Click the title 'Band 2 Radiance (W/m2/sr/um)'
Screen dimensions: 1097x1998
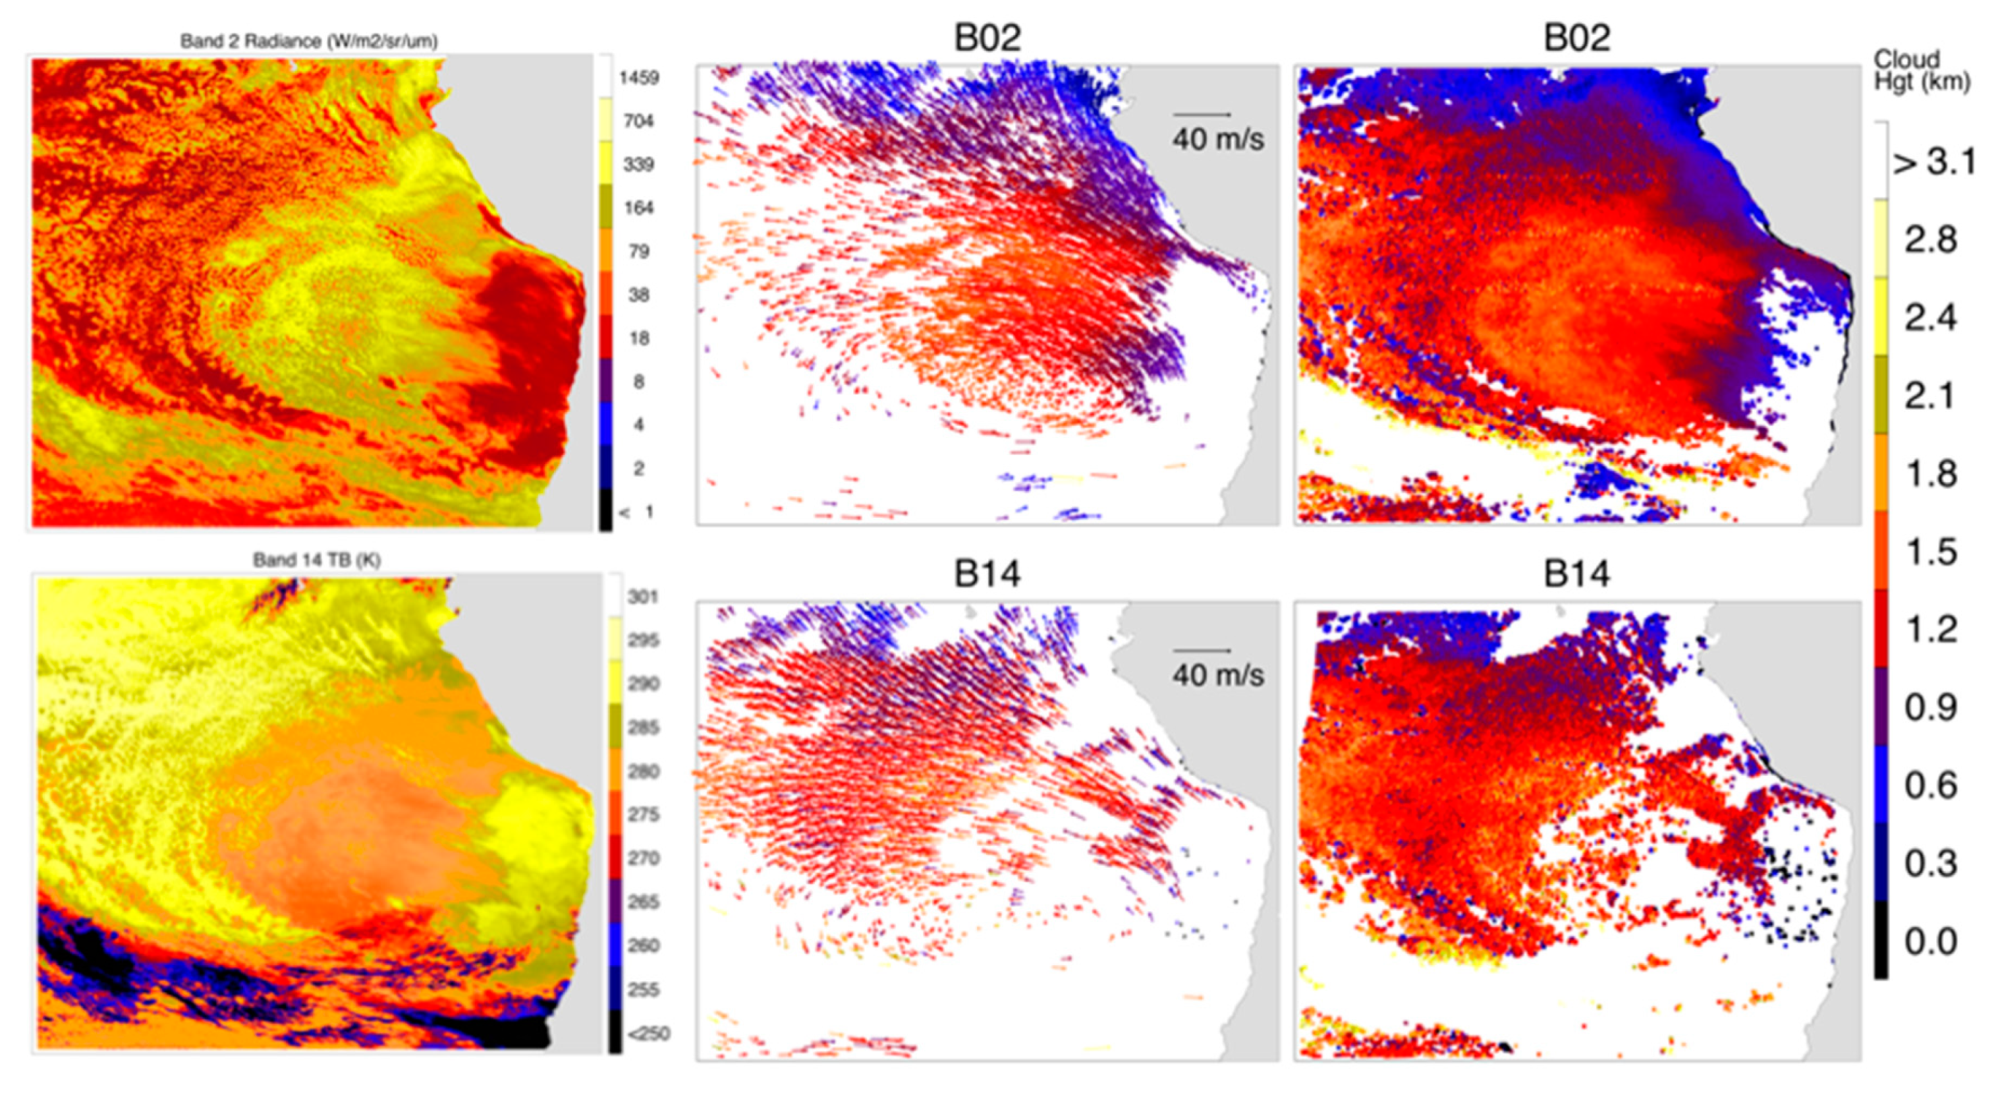pos(308,41)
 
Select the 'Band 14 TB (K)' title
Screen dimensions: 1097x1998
pos(316,560)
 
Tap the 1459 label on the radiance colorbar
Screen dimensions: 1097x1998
pos(638,78)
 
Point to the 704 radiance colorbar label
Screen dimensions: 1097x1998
pos(638,121)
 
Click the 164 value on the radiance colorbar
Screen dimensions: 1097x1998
pos(638,208)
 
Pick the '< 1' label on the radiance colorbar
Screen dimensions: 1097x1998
pos(638,512)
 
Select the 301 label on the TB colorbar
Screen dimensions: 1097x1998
pos(642,597)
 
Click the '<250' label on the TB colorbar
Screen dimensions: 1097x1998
pos(648,1034)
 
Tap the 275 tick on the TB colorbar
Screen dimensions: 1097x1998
pos(643,814)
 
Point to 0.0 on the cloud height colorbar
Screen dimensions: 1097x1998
pos(1931,942)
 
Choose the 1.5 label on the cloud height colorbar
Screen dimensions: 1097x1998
pos(1931,552)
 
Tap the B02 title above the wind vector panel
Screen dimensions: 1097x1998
pos(987,38)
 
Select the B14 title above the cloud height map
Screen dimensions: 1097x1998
pos(1576,574)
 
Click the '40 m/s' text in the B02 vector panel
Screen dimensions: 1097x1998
pos(1218,140)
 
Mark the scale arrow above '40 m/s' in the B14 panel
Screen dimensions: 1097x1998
pos(1202,651)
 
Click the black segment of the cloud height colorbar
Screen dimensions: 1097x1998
pos(1881,940)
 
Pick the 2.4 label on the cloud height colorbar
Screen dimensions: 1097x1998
pos(1931,318)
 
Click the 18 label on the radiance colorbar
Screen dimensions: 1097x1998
pos(638,338)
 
